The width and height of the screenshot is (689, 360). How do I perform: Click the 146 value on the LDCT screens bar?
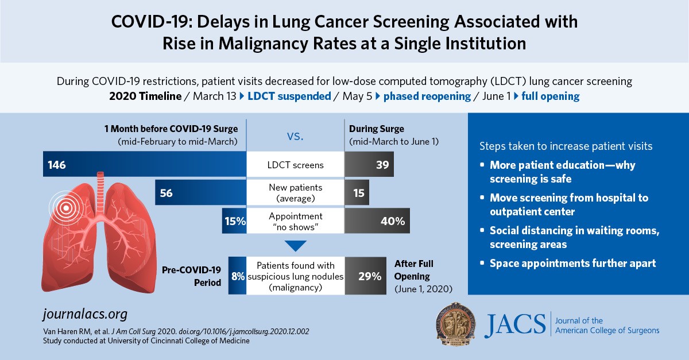click(57, 165)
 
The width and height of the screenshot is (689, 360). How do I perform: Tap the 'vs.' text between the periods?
click(295, 137)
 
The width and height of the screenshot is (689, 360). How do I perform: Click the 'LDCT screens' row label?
click(296, 165)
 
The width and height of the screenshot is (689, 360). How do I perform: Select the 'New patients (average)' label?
click(296, 193)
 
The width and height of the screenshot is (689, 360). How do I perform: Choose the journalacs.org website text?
click(85, 315)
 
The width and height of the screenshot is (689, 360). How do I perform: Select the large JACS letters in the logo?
click(514, 326)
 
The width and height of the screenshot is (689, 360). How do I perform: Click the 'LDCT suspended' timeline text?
click(289, 96)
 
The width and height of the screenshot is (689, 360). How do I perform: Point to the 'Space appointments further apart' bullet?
click(572, 264)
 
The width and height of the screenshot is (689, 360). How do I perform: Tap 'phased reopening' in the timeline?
click(427, 96)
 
